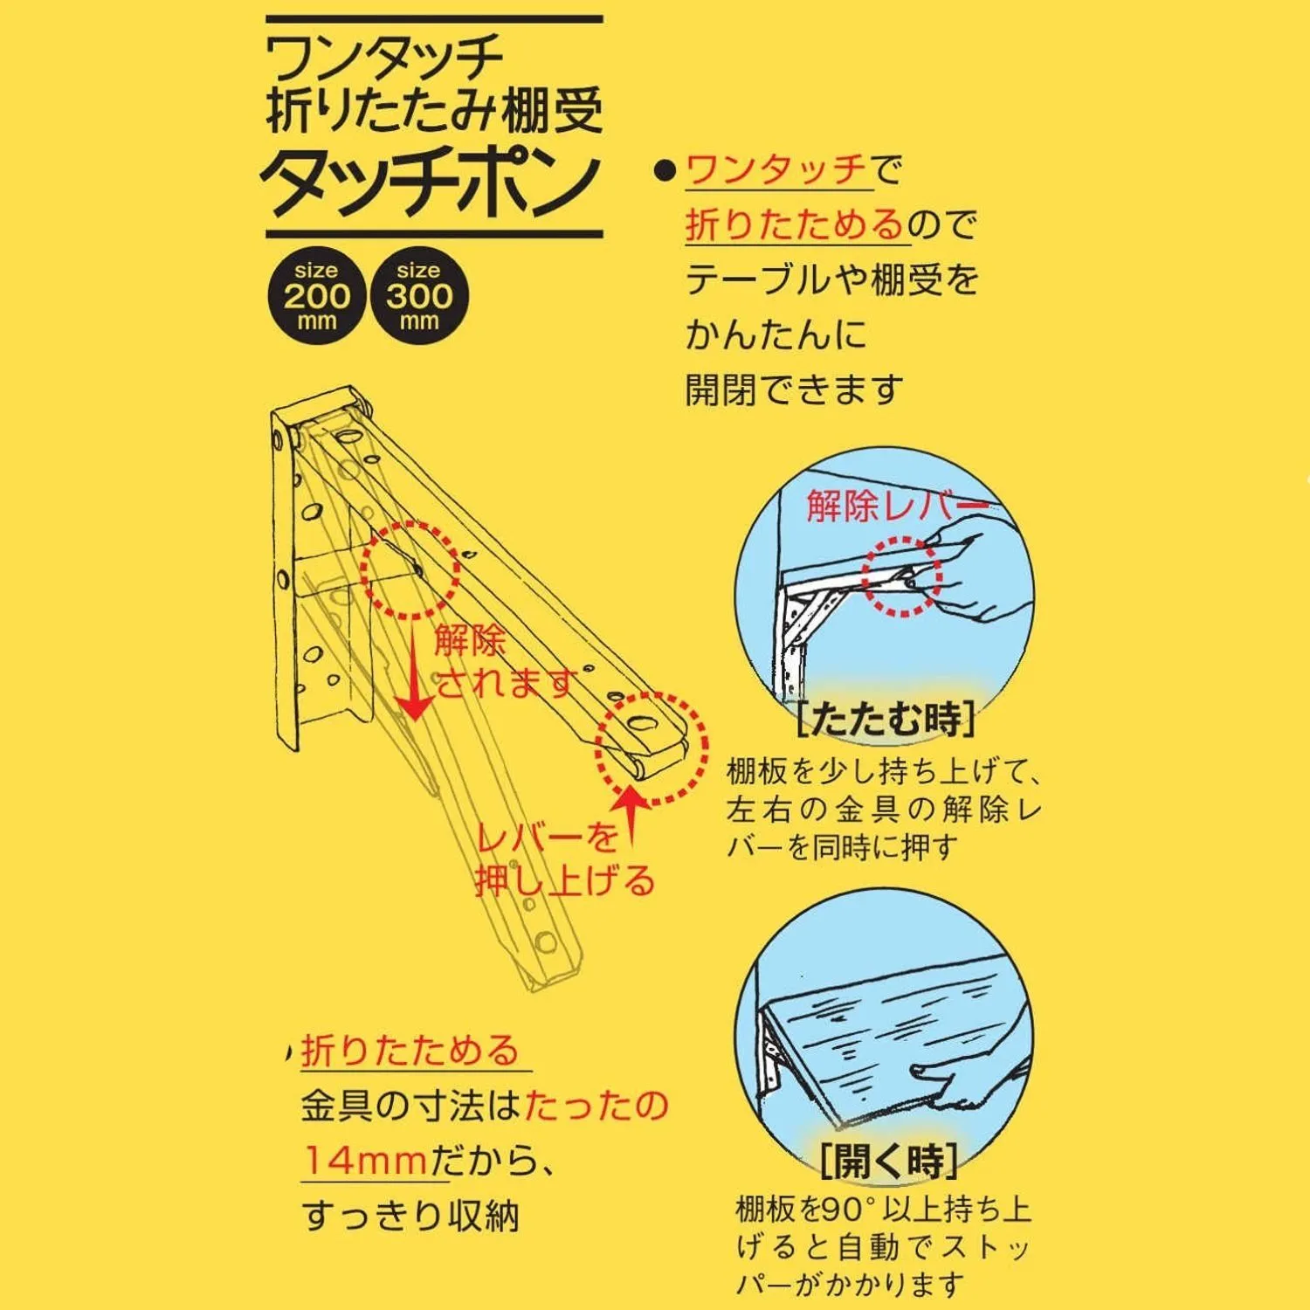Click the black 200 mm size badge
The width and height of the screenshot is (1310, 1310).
click(x=316, y=296)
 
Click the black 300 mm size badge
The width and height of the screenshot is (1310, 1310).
click(x=419, y=296)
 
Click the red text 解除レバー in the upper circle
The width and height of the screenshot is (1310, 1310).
click(x=898, y=506)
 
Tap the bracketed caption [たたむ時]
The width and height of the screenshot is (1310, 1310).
click(x=886, y=720)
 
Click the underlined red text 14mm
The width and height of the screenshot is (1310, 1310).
click(x=365, y=1161)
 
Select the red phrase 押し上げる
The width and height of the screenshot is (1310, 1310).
click(x=565, y=880)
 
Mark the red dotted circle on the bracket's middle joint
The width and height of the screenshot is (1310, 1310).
click(x=410, y=570)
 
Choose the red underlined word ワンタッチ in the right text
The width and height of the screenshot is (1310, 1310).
click(x=776, y=169)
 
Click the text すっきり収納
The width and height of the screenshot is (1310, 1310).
click(x=410, y=1216)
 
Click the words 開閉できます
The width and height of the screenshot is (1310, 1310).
click(x=793, y=390)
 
